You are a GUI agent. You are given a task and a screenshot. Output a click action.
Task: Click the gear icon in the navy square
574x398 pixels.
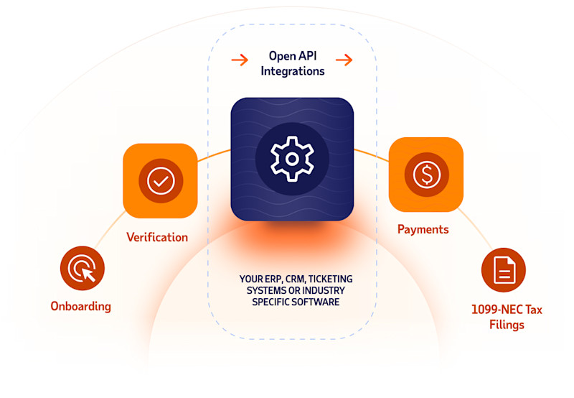click(x=292, y=159)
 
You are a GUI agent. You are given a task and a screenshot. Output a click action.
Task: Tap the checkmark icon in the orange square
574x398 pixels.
click(x=160, y=180)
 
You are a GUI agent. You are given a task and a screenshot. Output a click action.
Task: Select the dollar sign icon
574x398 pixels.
click(x=426, y=175)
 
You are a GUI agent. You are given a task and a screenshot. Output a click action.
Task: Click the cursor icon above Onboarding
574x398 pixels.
click(x=83, y=269)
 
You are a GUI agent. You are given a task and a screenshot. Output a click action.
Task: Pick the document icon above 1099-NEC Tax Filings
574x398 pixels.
click(x=503, y=270)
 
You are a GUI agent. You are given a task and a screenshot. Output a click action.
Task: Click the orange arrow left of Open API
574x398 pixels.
click(x=240, y=60)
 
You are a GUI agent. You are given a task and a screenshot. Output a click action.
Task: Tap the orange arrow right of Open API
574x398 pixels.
click(x=344, y=60)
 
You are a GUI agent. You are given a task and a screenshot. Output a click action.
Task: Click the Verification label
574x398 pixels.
click(x=157, y=237)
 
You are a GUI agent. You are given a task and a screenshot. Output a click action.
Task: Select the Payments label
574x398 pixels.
click(x=423, y=230)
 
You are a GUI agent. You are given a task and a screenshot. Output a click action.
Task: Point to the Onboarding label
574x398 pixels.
click(x=80, y=306)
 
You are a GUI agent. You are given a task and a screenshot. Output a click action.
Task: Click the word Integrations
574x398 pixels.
click(x=293, y=71)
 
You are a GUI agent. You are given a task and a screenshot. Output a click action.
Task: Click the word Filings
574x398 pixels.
click(x=507, y=325)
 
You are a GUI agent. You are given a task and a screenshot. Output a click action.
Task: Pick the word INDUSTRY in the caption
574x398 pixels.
click(x=327, y=290)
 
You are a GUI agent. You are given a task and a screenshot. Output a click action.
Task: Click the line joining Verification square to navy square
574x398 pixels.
click(x=214, y=156)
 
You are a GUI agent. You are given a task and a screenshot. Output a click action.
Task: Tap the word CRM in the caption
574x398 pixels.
click(x=295, y=278)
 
